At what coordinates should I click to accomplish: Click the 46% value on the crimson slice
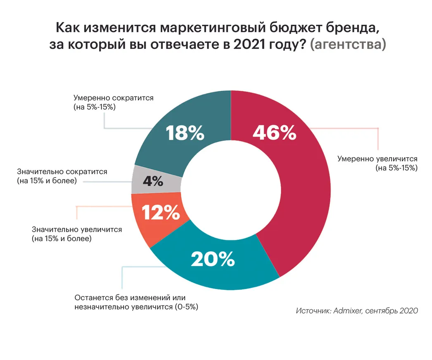tap(274, 133)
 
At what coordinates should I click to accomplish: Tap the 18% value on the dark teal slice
tap(185, 133)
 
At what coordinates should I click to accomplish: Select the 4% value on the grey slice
tap(152, 181)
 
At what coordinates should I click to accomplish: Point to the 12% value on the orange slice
tap(161, 213)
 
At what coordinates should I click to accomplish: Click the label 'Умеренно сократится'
tap(113, 98)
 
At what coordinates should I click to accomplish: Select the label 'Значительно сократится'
tap(62, 171)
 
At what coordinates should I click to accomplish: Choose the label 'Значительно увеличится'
tap(77, 230)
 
